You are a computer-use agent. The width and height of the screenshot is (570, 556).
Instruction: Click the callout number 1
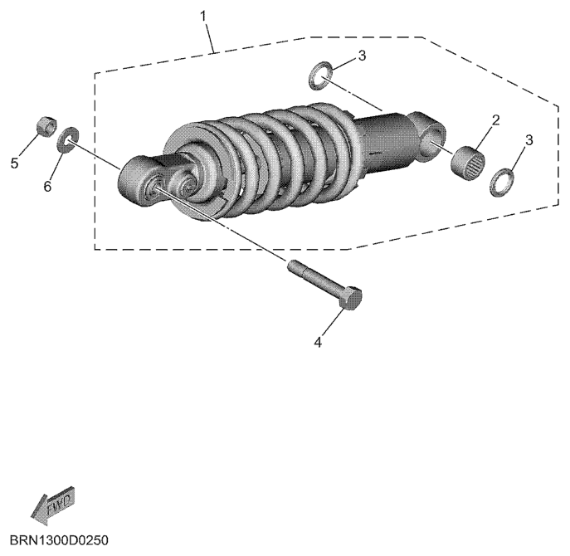[203, 17]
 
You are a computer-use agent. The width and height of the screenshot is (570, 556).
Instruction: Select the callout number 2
[496, 120]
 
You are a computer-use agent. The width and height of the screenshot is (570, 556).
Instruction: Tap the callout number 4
[318, 342]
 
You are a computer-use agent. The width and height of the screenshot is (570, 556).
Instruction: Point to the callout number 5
[14, 163]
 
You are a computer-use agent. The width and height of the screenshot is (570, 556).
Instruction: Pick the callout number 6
[47, 187]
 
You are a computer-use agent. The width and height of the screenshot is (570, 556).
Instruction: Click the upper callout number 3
[362, 56]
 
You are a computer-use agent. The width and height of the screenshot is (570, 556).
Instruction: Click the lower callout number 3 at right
[529, 139]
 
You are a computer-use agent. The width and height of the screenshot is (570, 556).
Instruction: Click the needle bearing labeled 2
[468, 163]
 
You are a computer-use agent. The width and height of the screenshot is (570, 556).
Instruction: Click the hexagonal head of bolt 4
[351, 298]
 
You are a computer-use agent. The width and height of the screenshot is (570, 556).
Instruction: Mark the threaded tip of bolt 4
[293, 265]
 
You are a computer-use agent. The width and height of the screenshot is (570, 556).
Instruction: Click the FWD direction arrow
[52, 506]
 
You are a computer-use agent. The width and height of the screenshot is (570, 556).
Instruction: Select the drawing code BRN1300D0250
[59, 540]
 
